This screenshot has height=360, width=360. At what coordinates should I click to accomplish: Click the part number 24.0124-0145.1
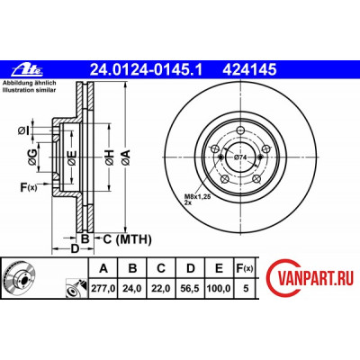(147, 70)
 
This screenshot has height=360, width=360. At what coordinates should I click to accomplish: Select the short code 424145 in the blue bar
(249, 70)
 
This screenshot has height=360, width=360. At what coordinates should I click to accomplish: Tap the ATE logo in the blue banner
(28, 70)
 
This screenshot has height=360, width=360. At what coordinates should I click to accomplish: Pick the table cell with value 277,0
(103, 289)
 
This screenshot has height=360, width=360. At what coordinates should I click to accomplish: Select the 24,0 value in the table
(132, 289)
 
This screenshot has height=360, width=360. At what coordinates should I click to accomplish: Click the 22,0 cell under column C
(161, 289)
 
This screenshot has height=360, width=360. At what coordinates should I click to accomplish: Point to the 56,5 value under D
(190, 289)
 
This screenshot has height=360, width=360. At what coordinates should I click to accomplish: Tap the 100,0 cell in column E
(219, 289)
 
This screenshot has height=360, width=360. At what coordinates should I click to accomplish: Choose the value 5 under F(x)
(246, 289)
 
